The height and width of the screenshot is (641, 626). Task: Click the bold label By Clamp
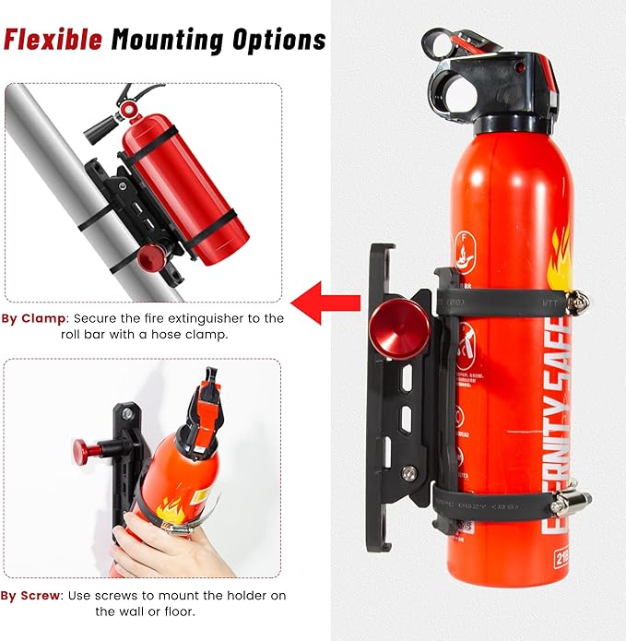pos(33,318)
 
